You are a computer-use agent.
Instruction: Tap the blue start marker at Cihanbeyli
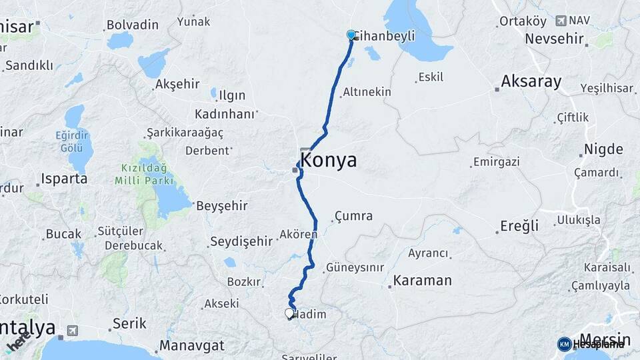[351, 35]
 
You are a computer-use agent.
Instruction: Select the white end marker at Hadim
[289, 313]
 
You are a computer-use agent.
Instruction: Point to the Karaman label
[423, 281]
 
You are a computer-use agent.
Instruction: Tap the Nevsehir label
[555, 38]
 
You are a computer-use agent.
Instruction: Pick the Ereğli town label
[520, 227]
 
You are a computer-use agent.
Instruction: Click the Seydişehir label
[241, 241]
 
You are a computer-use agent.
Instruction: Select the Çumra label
[354, 216]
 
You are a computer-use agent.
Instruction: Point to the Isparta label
[64, 179]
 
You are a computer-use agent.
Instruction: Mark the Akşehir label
[177, 84]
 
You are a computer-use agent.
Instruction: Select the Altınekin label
[367, 92]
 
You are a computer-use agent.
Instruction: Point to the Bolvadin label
[133, 25]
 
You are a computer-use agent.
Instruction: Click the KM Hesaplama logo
[591, 344]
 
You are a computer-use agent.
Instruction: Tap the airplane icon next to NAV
[560, 21]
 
